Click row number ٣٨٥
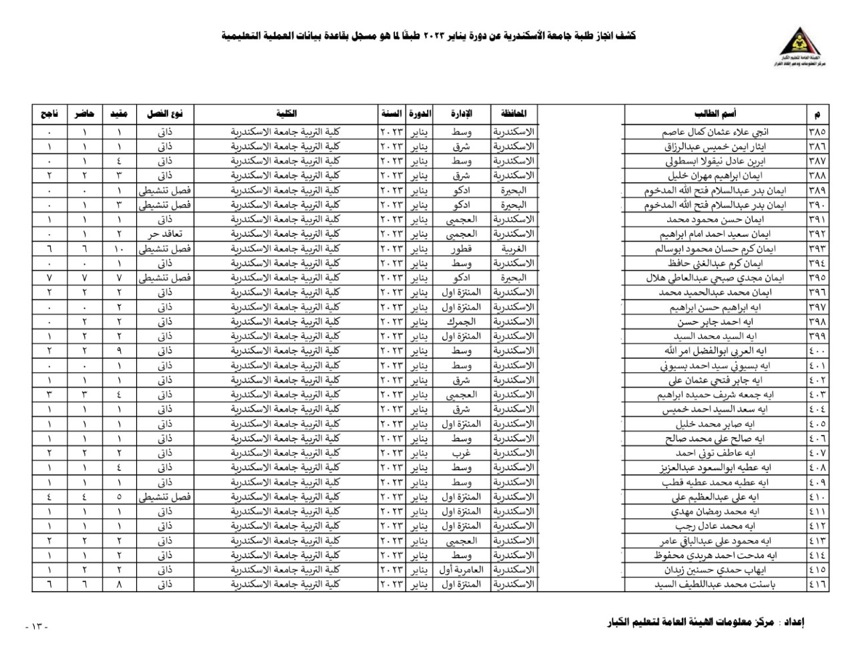pos(817,132)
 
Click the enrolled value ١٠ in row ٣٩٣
pos(119,249)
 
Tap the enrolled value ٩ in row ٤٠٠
pos(119,351)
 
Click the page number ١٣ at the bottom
pos(37,626)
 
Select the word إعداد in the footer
pos(792,623)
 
